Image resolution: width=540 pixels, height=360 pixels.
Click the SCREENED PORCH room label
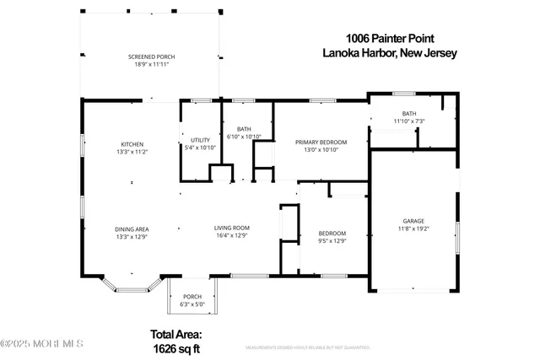click(x=152, y=56)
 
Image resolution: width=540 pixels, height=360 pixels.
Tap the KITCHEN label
click(x=132, y=144)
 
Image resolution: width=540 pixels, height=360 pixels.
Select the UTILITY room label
click(x=200, y=140)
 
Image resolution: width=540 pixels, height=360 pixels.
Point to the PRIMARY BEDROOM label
click(x=321, y=142)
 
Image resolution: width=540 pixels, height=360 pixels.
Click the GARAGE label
click(x=413, y=221)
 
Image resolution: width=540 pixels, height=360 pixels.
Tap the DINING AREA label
click(x=132, y=228)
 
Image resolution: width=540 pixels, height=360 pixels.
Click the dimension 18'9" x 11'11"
click(x=152, y=64)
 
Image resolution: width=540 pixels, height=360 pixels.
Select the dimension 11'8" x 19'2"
click(x=413, y=228)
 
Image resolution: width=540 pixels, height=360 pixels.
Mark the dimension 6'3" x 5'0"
click(x=192, y=304)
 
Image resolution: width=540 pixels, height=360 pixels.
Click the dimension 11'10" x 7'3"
click(x=409, y=121)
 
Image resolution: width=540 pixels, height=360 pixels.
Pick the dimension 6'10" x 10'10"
click(x=244, y=137)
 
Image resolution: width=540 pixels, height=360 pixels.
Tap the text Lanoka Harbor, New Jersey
click(x=389, y=52)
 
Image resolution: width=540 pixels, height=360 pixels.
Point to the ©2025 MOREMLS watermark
click(x=42, y=343)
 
